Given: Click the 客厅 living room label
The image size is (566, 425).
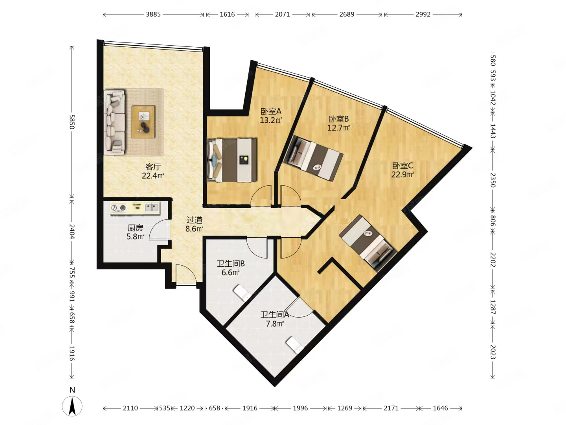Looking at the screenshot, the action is tap(153, 167).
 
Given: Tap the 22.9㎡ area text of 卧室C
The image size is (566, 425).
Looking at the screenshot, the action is tap(402, 174).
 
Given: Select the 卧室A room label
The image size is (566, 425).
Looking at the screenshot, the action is tap(271, 111).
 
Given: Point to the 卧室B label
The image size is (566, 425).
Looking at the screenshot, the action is tap(338, 119).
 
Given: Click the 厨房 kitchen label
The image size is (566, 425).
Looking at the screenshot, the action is tap(135, 228).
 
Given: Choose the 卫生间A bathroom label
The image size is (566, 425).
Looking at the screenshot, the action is tap(275, 314).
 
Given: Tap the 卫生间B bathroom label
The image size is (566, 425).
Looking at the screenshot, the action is tap(230, 264).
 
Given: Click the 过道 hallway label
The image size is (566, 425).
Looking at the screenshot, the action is tap(195, 220).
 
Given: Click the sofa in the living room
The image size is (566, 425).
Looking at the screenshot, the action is tap(114, 122).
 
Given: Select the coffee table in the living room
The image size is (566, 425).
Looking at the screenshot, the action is tap(143, 122).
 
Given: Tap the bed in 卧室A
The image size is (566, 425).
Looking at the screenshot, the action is tap(232, 160).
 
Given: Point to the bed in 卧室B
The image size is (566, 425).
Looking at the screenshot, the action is tap(313, 158).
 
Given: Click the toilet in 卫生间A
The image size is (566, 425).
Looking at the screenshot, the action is tap(295, 345).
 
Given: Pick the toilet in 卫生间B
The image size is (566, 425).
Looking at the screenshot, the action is tap(242, 293).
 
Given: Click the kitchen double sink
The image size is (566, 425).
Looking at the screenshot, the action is tap(152, 207).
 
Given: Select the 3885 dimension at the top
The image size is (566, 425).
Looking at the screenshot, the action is tap(153, 15).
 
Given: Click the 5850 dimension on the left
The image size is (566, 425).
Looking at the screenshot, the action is tap(72, 122).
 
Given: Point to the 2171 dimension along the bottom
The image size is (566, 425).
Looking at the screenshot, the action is tap(391, 408).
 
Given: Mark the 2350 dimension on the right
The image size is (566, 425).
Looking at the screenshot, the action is tap(493, 180).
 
